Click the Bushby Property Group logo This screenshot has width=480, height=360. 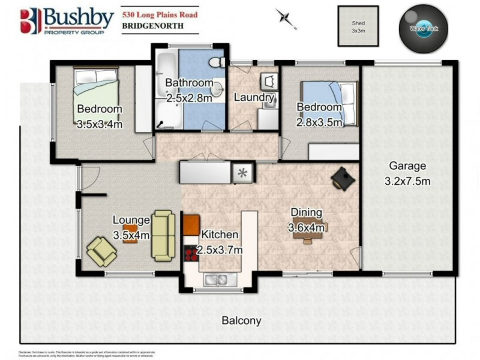pos(66,21)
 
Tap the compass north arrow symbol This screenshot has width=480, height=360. pos(287,17)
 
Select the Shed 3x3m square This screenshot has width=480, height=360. pos(358,26)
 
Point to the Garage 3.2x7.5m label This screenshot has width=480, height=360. pos(407,173)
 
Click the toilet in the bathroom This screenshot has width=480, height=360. pos(217,61)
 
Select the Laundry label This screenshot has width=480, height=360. pos(254,97)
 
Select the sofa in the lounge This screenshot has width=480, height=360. pos(163,236)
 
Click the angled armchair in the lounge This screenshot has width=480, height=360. pos(102,251)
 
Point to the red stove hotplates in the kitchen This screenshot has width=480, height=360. pos(191,253)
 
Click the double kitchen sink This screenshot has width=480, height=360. pos(215,279)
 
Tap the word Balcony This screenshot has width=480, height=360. pos(241,320)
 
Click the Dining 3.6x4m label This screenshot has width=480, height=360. pos(306,220)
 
